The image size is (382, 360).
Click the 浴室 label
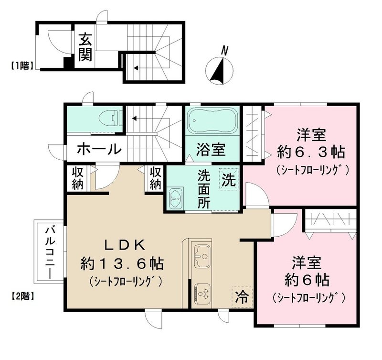tap(211, 150)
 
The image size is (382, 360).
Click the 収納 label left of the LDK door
tap(77, 178)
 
